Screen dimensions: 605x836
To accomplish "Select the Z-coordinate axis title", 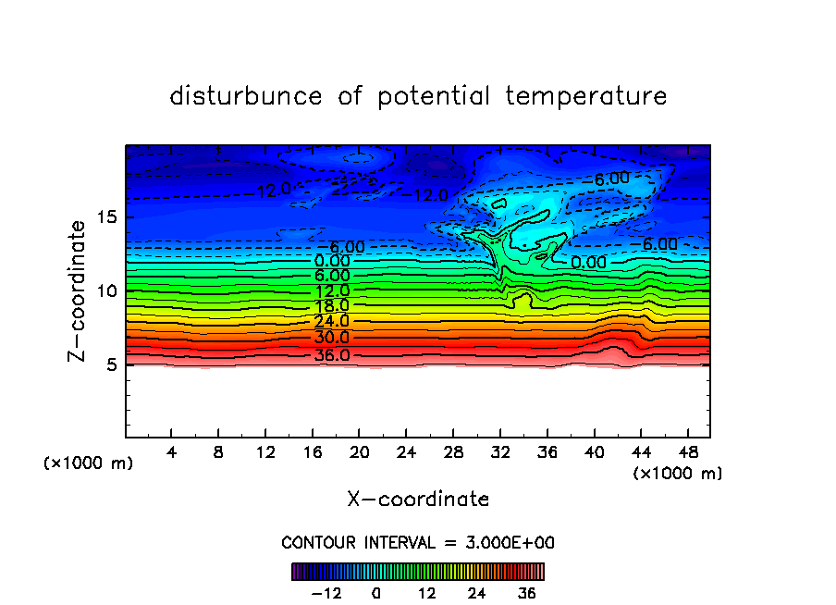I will pyautogui.click(x=80, y=290).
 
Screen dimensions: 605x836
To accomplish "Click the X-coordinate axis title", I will pyautogui.click(x=418, y=500).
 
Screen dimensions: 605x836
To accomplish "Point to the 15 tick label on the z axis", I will pyautogui.click(x=108, y=218).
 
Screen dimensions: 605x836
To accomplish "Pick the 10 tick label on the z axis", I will pyautogui.click(x=108, y=291).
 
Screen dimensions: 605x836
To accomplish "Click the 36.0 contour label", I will pyautogui.click(x=332, y=355).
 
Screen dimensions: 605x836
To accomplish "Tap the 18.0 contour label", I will pyautogui.click(x=332, y=306).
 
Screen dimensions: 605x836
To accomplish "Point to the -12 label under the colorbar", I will pyautogui.click(x=326, y=593).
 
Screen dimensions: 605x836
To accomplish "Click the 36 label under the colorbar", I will pyautogui.click(x=527, y=593).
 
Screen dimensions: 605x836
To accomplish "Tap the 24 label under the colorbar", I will pyautogui.click(x=477, y=593).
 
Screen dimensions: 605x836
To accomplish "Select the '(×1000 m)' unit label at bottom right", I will pyautogui.click(x=677, y=474).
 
